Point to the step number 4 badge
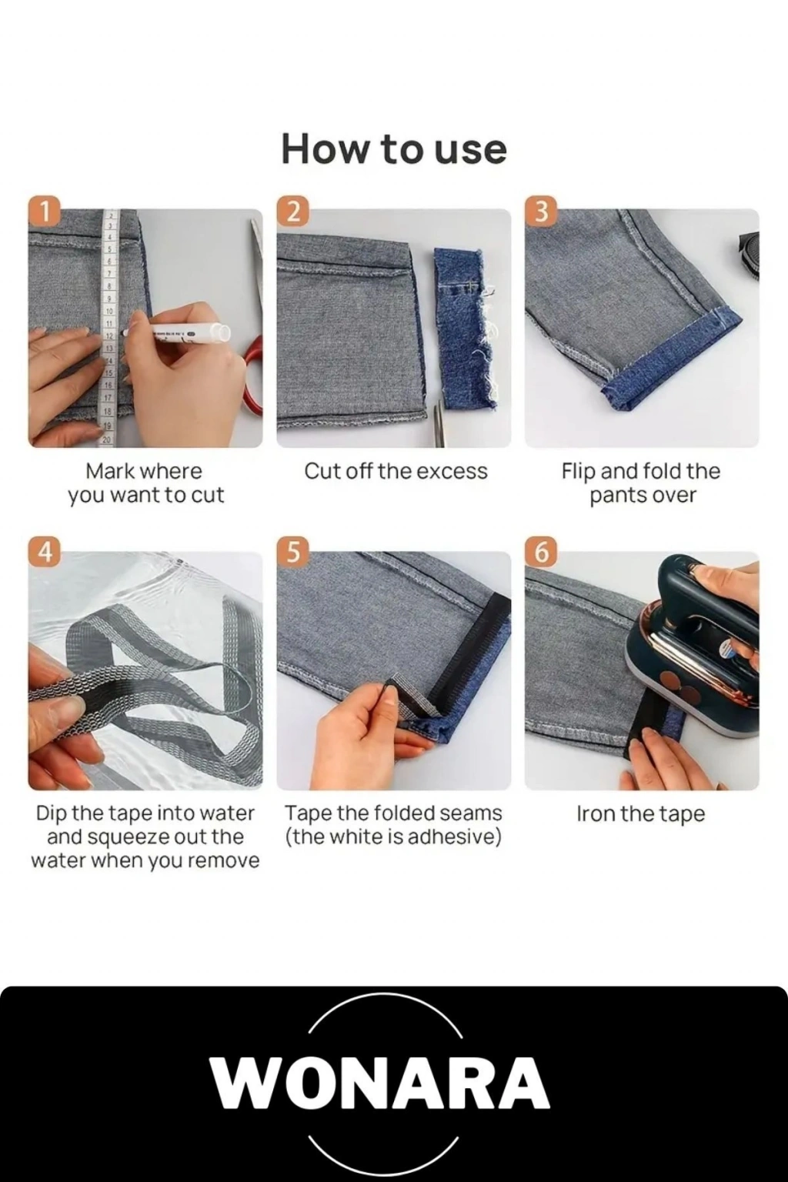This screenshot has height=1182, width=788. tap(46, 553)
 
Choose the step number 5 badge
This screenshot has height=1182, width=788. tap(295, 553)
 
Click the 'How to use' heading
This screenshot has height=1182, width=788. tap(394, 150)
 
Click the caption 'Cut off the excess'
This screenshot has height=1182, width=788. tap(396, 472)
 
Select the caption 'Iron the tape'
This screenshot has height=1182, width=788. tap(641, 813)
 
